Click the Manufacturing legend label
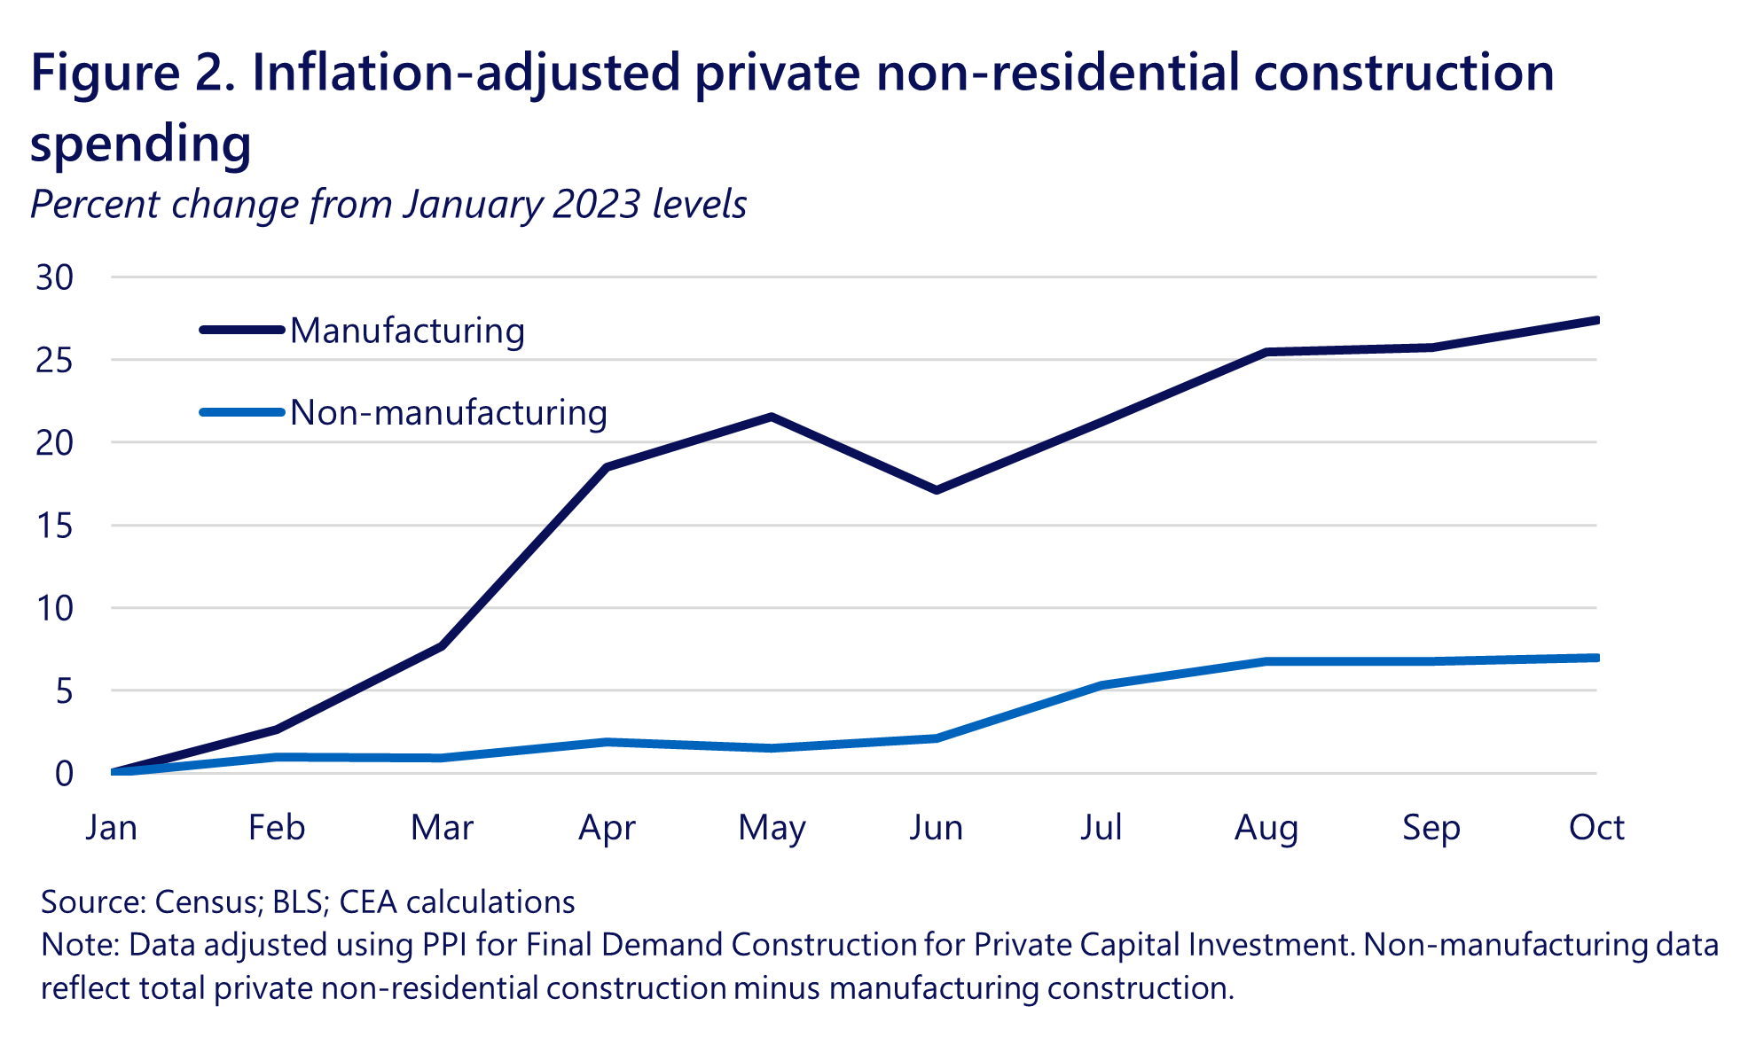[x=407, y=331]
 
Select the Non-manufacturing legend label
[x=449, y=413]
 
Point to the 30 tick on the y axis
[x=55, y=277]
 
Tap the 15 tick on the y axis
[x=55, y=526]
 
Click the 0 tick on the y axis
[x=64, y=774]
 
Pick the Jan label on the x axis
[x=112, y=828]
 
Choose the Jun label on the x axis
[x=937, y=828]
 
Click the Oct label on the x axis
[x=1596, y=828]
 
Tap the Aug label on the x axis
[x=1266, y=828]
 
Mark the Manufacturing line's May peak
[x=772, y=416]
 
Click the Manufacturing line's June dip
[x=937, y=490]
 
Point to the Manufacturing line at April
[x=607, y=467]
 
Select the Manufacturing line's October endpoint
[x=1595, y=320]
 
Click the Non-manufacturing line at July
[x=1101, y=685]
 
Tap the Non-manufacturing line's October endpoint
[x=1595, y=658]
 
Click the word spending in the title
[x=141, y=144]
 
